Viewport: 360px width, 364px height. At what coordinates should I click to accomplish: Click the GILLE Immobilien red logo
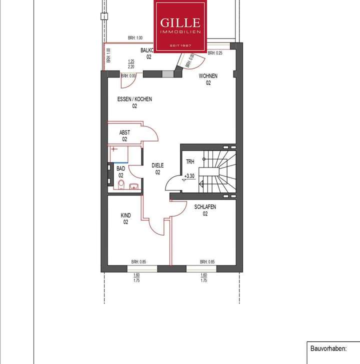click(x=180, y=26)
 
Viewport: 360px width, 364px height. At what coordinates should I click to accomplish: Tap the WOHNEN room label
click(x=207, y=79)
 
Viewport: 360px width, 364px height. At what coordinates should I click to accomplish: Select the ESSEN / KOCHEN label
click(x=134, y=102)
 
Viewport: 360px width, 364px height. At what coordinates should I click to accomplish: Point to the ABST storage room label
click(x=124, y=135)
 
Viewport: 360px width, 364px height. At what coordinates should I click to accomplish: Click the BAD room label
click(x=120, y=172)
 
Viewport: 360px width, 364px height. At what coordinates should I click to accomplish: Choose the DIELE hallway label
click(x=157, y=168)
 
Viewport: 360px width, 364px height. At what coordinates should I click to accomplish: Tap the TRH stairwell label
click(x=190, y=162)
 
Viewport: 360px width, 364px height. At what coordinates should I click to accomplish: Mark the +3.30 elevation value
click(x=189, y=176)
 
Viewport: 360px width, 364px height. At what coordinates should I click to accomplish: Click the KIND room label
click(x=125, y=218)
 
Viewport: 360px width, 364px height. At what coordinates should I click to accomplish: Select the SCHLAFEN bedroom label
click(x=205, y=209)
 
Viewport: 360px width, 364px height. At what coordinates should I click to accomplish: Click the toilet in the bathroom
click(x=120, y=185)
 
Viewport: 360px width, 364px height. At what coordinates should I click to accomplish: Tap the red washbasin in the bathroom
click(x=133, y=187)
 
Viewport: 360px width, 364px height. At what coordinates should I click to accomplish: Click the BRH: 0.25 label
click(x=215, y=53)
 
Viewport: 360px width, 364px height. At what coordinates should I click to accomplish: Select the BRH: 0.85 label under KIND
click(x=138, y=261)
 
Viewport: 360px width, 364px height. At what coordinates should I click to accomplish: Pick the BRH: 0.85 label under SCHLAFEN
click(x=207, y=261)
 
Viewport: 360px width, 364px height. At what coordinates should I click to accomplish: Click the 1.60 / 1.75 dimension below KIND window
click(x=136, y=278)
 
